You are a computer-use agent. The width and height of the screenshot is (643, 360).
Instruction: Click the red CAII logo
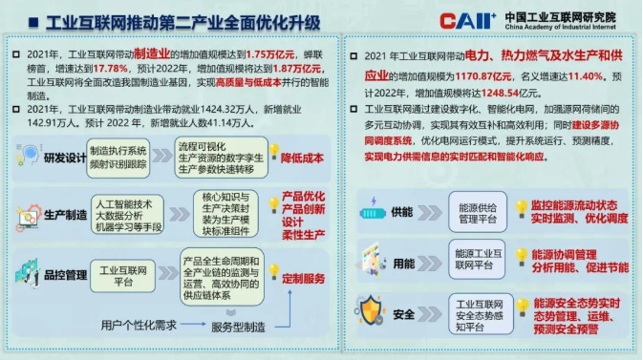click(x=466, y=20)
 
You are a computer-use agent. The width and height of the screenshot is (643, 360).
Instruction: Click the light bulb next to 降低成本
click(x=274, y=152)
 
